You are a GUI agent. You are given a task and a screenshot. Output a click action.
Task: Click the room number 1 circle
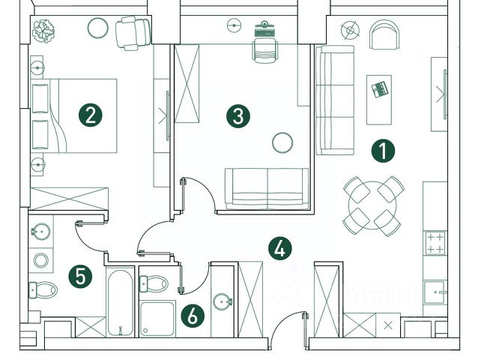pos(383,151)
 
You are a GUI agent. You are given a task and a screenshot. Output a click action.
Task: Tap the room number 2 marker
pos(90,115)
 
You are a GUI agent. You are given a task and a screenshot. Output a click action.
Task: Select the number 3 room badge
pos(238,115)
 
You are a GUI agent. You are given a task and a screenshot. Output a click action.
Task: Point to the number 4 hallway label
pos(280,247)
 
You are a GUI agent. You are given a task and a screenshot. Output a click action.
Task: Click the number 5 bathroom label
pos(80,275)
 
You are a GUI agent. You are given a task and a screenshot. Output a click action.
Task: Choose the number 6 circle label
pos(193,316)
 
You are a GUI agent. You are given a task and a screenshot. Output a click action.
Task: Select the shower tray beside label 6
pos(157,319)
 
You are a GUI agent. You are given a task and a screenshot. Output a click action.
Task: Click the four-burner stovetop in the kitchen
pos(435,243)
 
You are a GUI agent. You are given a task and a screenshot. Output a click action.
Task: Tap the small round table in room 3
pos(282,142)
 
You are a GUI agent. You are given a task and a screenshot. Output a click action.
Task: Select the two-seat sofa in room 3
pos(267,187)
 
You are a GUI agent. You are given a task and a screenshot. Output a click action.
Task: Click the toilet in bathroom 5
pos(44,289)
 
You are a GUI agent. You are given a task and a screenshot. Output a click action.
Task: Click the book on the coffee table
pos(380,89)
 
